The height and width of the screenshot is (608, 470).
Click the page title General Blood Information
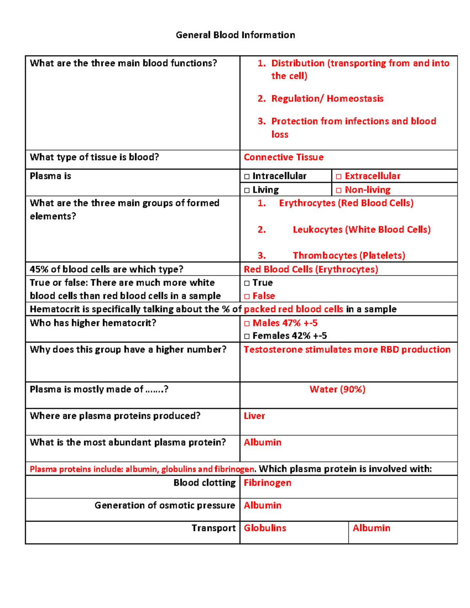click(235, 35)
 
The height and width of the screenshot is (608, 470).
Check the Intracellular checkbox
click(247, 177)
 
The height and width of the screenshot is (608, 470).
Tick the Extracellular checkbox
click(339, 177)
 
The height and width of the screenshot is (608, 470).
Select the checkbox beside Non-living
click(339, 190)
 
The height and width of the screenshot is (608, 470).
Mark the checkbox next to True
click(247, 283)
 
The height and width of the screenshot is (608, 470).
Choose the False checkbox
click(247, 296)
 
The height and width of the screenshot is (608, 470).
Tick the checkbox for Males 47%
click(247, 323)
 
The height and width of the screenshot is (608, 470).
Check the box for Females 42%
click(247, 336)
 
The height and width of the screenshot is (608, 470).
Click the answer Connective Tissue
click(284, 157)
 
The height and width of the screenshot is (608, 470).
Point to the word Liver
click(254, 416)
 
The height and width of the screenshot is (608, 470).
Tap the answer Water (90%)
click(337, 389)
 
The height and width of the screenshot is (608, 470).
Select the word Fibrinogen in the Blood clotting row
click(268, 483)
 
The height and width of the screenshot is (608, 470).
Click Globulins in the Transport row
click(265, 528)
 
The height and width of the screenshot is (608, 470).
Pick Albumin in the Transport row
click(371, 528)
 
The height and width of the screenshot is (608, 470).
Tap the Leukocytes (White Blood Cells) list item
click(362, 229)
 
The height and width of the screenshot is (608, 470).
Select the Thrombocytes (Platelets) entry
click(349, 256)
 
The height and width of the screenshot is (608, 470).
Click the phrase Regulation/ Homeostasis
click(327, 99)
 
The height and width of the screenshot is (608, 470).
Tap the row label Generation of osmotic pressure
click(164, 505)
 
